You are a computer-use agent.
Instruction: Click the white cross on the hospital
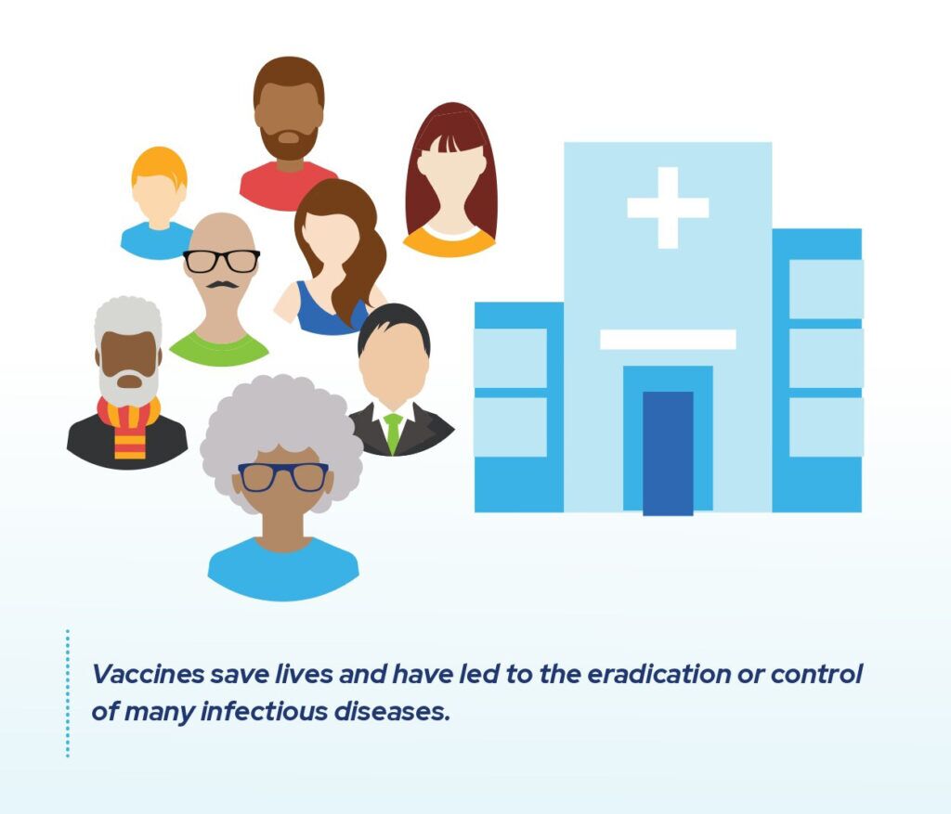click(667, 207)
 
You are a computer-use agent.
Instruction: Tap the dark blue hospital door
click(668, 453)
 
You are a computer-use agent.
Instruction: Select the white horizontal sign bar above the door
click(667, 340)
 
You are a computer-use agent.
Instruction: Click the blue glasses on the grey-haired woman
click(283, 477)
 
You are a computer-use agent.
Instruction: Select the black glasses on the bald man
click(221, 261)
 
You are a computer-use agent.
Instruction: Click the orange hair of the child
click(159, 164)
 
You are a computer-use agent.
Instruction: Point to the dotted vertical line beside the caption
click(68, 692)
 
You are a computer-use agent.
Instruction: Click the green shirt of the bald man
click(219, 350)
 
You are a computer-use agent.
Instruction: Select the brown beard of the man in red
click(289, 144)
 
